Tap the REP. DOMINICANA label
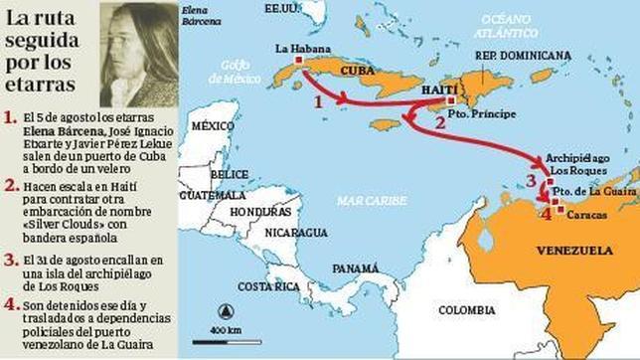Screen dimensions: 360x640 [x=523, y=55]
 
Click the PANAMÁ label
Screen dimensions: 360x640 [x=356, y=269]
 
